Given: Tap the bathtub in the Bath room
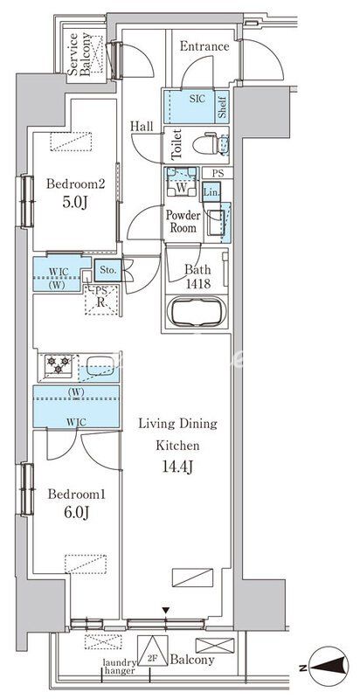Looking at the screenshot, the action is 197,311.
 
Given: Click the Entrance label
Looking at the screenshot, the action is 204,46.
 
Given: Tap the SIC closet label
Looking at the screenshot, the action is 197,99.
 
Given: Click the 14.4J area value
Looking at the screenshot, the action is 177,467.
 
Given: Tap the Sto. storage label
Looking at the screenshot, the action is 107,270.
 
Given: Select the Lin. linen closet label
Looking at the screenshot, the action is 211,191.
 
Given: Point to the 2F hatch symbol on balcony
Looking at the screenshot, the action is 152,650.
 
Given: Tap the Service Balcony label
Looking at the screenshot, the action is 80,54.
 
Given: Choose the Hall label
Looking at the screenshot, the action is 142,127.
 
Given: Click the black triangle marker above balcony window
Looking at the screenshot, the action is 166,610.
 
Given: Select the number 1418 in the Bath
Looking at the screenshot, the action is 197,284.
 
